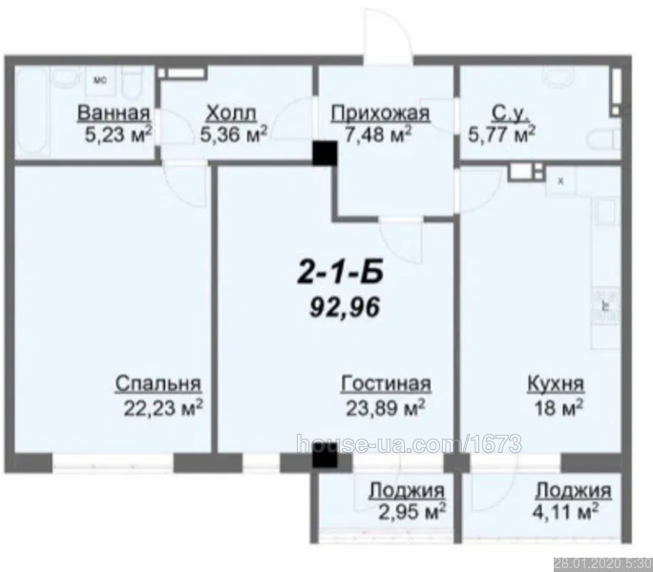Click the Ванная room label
114,113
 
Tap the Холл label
232,113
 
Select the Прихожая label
380,113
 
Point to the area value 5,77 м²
501,134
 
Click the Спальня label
158,383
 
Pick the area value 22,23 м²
163,408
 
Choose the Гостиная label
386,383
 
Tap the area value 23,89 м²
386,408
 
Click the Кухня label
556,384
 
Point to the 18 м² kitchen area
558,408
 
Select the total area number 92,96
345,308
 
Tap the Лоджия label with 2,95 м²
407,491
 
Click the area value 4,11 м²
566,512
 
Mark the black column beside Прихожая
325,153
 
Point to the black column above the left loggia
325,459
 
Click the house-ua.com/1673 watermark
409,444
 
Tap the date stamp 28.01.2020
588,564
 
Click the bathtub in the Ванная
32,112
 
